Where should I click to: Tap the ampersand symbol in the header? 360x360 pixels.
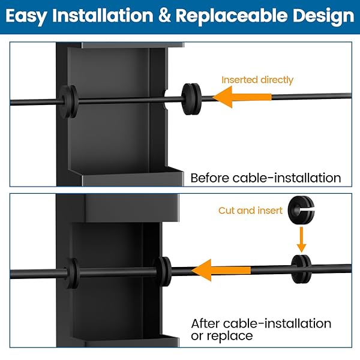pos(163,16)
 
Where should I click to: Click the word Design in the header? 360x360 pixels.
pos(325,16)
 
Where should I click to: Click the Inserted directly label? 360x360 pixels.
pos(257,80)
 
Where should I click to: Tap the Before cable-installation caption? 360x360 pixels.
pos(265,178)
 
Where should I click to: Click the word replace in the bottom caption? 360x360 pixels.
pos(229,336)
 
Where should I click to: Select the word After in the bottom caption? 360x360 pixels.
pos(206,323)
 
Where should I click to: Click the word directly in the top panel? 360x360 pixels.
pos(277,80)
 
